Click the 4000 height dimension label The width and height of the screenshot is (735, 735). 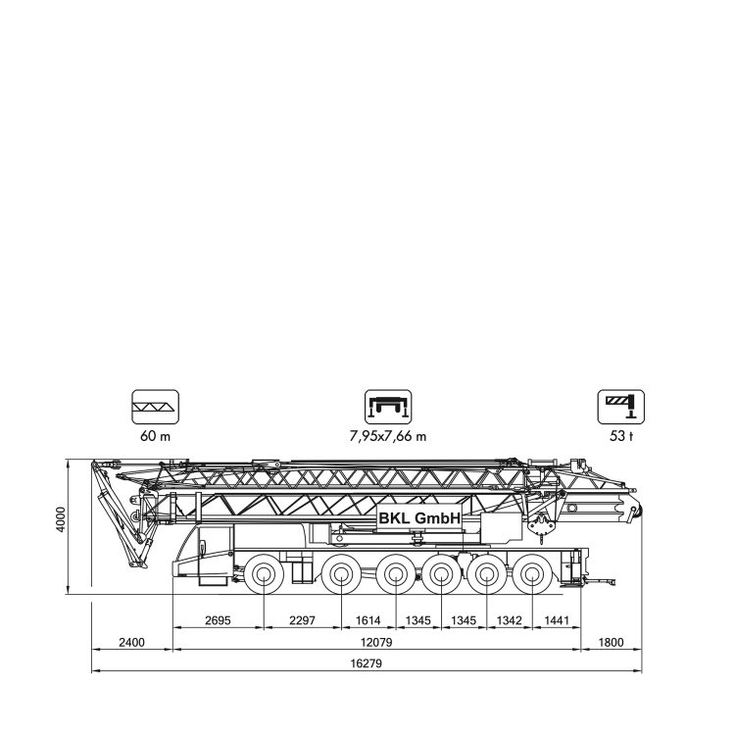(61, 518)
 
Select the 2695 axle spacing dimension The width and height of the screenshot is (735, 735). (218, 620)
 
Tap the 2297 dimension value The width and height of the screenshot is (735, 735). (303, 620)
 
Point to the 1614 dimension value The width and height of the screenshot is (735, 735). (367, 620)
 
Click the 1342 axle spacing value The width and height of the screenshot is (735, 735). (509, 620)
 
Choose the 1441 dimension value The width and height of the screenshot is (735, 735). (557, 620)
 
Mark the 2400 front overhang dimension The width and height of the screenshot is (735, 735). (131, 642)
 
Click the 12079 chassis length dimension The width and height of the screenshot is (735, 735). (376, 642)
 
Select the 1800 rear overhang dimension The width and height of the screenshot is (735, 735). (612, 642)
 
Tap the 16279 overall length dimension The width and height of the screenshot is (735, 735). (367, 663)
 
